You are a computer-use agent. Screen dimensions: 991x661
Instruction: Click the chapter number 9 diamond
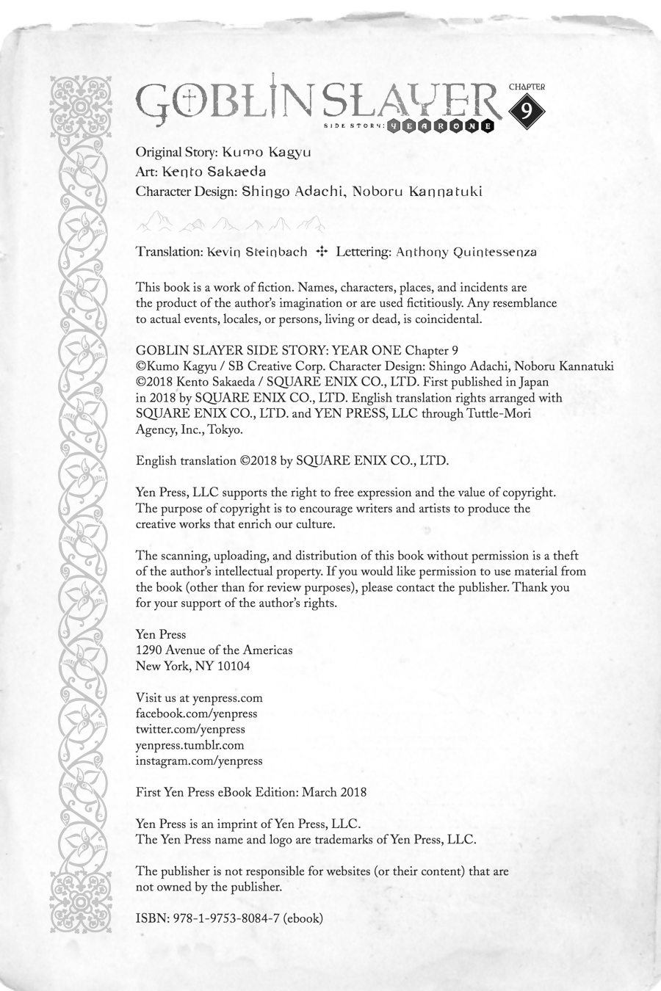[x=526, y=111]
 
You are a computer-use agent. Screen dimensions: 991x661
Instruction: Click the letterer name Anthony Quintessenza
[x=466, y=252]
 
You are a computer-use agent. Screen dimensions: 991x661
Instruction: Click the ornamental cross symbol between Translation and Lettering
[x=321, y=252]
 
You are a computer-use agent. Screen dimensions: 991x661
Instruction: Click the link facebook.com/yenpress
[x=197, y=714]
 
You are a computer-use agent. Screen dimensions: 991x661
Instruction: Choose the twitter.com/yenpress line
[x=191, y=730]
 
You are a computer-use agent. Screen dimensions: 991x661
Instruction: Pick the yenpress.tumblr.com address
[x=190, y=745]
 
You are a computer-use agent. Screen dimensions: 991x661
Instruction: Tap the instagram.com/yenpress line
[x=199, y=761]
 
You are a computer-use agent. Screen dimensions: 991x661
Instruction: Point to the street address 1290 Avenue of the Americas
[x=214, y=650]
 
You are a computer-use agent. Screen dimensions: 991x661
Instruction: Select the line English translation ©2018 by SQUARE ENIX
[x=292, y=461]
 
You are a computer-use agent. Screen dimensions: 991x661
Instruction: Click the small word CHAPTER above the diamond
[x=527, y=86]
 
